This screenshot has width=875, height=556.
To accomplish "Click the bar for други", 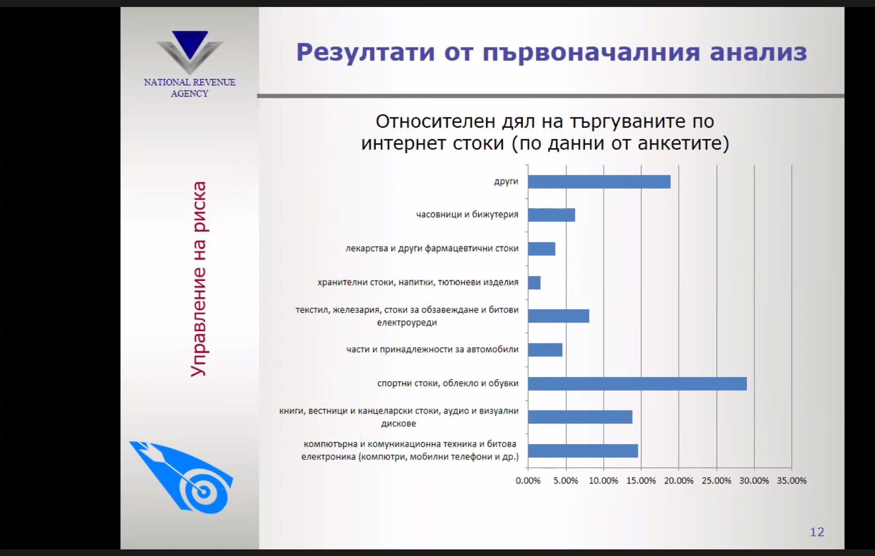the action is pos(599,182).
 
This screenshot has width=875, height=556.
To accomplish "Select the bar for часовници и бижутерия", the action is pos(551,215).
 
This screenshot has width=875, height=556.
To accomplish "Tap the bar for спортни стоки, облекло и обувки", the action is pos(637,384).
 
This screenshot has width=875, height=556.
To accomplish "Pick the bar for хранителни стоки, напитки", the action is pos(534,283).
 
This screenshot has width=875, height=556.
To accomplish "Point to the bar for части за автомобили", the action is pos(545,350).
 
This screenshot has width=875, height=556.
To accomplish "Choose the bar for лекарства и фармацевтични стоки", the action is pos(542,249).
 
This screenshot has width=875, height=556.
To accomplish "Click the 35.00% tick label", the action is pos(792,481).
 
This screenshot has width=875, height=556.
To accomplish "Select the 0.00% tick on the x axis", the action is pos(528,481).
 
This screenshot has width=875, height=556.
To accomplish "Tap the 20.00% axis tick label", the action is pos(679,481).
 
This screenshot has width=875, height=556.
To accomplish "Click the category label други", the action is pos(506,181).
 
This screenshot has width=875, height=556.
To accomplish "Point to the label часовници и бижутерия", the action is pos(467,215).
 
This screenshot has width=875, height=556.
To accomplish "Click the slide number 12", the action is pos(817,532).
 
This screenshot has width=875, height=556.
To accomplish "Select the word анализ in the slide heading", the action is pos(759,52).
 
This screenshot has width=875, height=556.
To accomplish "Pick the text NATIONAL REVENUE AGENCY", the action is pos(190,88).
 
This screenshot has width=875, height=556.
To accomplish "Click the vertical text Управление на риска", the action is pos(198,279).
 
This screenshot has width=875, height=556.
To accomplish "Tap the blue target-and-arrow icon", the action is pos(181,477).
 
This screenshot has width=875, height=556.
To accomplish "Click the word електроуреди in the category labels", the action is pos(407,323).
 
